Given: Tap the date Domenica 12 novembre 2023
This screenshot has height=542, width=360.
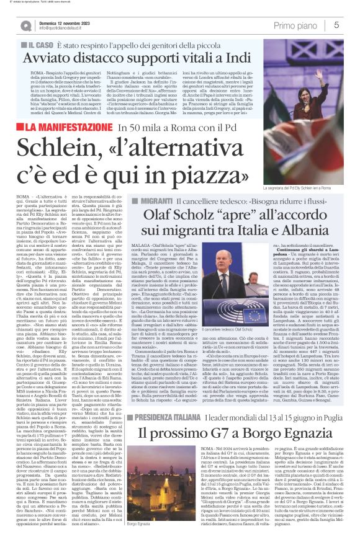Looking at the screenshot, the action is pyautogui.click(x=61, y=22).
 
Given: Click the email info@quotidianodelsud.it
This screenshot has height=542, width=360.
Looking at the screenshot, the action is pyautogui.click(x=63, y=29).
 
